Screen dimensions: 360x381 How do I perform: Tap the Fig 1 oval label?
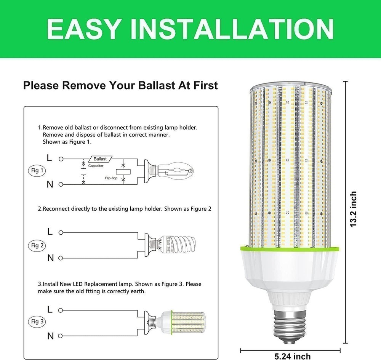(x=37, y=170)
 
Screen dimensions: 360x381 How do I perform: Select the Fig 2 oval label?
(x=37, y=245)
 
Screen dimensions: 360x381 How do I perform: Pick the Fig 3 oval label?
(x=37, y=322)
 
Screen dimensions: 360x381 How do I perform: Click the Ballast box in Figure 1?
(x=100, y=159)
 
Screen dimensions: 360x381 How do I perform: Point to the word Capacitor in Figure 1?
(x=96, y=166)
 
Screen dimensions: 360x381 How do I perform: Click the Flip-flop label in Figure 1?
(x=111, y=178)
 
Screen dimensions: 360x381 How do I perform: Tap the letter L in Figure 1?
(x=50, y=157)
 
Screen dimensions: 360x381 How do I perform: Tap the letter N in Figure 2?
(x=50, y=258)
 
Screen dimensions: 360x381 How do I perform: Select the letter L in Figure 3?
(x=50, y=309)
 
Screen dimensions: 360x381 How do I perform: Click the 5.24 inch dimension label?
(x=293, y=356)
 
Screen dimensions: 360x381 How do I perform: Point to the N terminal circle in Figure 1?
(x=60, y=184)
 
